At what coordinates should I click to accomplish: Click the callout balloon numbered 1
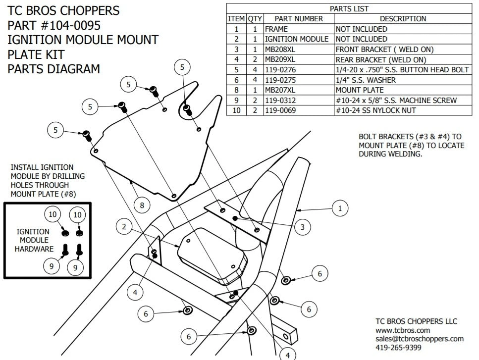[340, 208]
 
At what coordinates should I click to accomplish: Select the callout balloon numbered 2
[124, 227]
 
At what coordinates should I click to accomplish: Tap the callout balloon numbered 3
[302, 227]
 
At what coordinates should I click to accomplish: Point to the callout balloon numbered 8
[142, 205]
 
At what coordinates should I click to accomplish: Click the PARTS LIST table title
[349, 9]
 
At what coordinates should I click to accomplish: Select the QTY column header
[255, 19]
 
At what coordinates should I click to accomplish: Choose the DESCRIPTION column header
[402, 19]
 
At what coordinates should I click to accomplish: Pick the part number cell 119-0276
[280, 70]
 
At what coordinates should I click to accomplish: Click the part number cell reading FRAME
[276, 29]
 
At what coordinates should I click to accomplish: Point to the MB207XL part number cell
[280, 90]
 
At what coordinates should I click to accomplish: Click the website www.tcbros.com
[402, 330]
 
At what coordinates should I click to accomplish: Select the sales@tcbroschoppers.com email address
[420, 339]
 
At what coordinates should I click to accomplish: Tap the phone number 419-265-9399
[399, 348]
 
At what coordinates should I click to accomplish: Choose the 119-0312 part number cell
[280, 100]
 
